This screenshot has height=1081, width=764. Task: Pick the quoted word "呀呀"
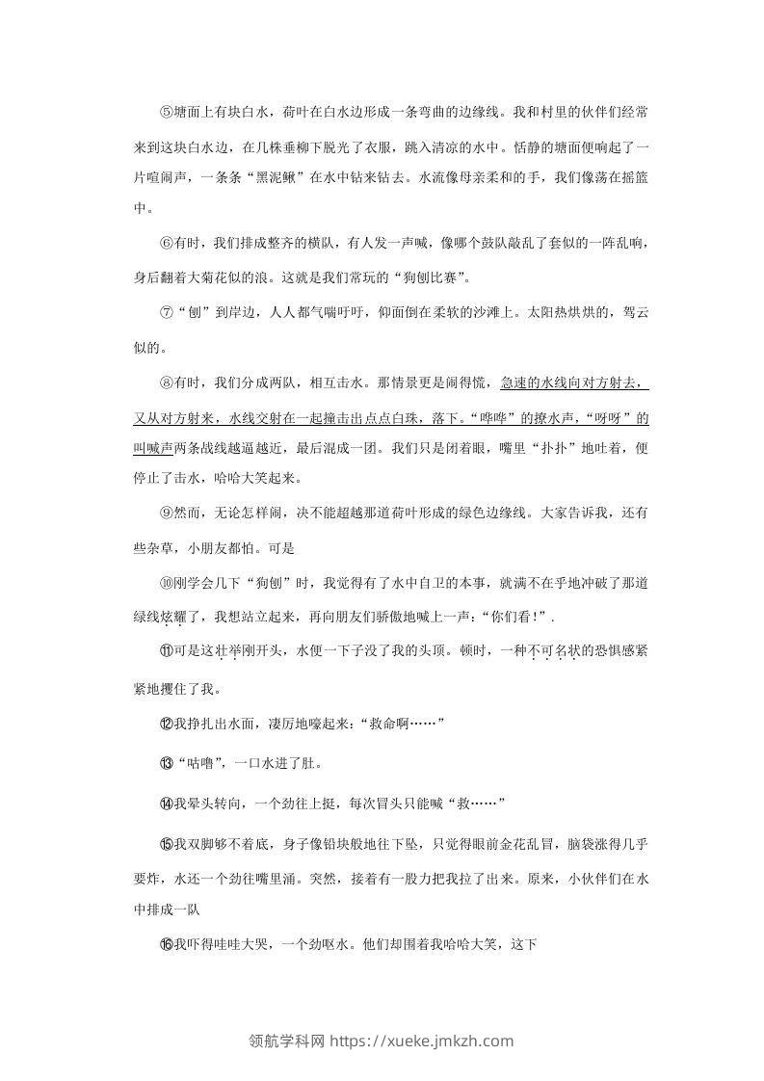pyautogui.click(x=618, y=419)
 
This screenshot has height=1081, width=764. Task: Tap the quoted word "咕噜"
pyautogui.click(x=200, y=764)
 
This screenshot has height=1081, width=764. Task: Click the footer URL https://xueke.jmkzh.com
pyautogui.click(x=422, y=1041)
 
